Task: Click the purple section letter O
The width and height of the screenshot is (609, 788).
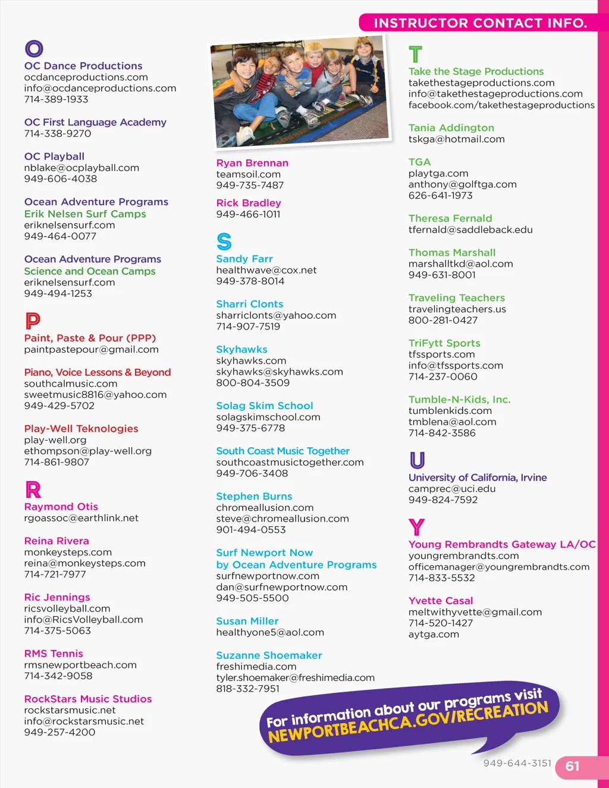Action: point(34,49)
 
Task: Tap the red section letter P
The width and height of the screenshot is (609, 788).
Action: point(33,321)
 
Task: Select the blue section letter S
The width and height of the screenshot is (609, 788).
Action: point(224,241)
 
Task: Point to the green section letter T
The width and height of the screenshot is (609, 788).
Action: point(415,55)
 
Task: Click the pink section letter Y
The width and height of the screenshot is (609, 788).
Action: point(416,527)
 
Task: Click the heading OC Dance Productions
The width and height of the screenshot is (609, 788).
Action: point(83,66)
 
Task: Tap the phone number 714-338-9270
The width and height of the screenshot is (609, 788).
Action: point(58,134)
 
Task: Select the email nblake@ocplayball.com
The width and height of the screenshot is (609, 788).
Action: point(81,168)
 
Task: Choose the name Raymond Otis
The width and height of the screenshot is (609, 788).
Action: point(61,507)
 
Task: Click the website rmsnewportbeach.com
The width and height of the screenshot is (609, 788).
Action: point(80,665)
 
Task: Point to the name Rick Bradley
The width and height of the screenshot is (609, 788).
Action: point(248,203)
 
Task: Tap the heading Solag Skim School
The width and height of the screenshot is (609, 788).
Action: point(264,406)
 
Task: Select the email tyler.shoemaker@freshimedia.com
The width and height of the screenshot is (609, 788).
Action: point(295,678)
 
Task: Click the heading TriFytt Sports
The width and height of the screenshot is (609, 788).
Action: point(444,343)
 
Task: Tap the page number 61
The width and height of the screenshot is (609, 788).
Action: point(572,766)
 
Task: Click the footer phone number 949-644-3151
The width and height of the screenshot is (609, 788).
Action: point(517,763)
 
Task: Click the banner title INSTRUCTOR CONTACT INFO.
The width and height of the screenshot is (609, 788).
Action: point(480,23)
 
